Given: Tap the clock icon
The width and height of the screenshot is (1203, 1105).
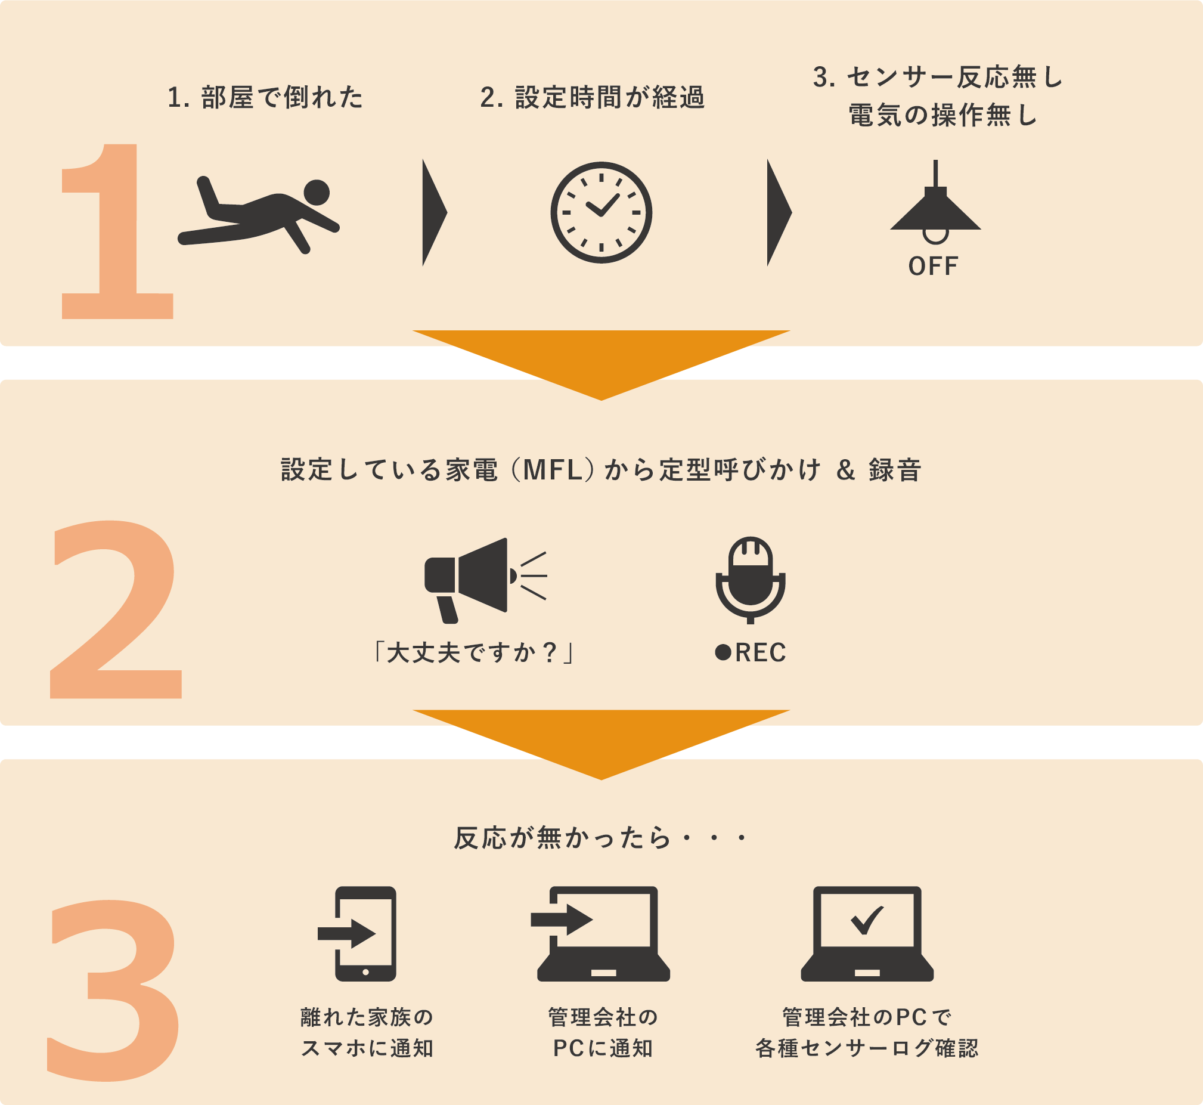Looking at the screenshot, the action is tap(601, 212).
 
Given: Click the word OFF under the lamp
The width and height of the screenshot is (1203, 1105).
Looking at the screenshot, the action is tap(933, 266).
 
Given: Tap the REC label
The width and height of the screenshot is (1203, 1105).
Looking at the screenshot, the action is tap(751, 652).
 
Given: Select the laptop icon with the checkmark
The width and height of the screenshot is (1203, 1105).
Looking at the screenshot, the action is tap(867, 933).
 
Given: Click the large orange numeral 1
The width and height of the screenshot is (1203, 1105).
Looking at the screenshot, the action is tap(117, 231).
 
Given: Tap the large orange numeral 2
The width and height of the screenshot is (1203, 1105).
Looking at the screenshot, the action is tap(115, 609).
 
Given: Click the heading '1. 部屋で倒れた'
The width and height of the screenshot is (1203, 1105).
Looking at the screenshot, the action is tap(265, 97).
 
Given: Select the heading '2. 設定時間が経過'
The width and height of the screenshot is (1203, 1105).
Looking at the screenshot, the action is tap(593, 97).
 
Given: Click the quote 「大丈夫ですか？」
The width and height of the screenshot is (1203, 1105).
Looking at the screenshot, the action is tap(472, 652).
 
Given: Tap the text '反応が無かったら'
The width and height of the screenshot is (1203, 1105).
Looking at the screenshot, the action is tap(563, 838).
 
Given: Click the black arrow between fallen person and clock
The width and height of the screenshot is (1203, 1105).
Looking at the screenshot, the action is tap(435, 212).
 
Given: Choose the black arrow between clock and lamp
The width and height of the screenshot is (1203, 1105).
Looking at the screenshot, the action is tap(779, 212).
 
